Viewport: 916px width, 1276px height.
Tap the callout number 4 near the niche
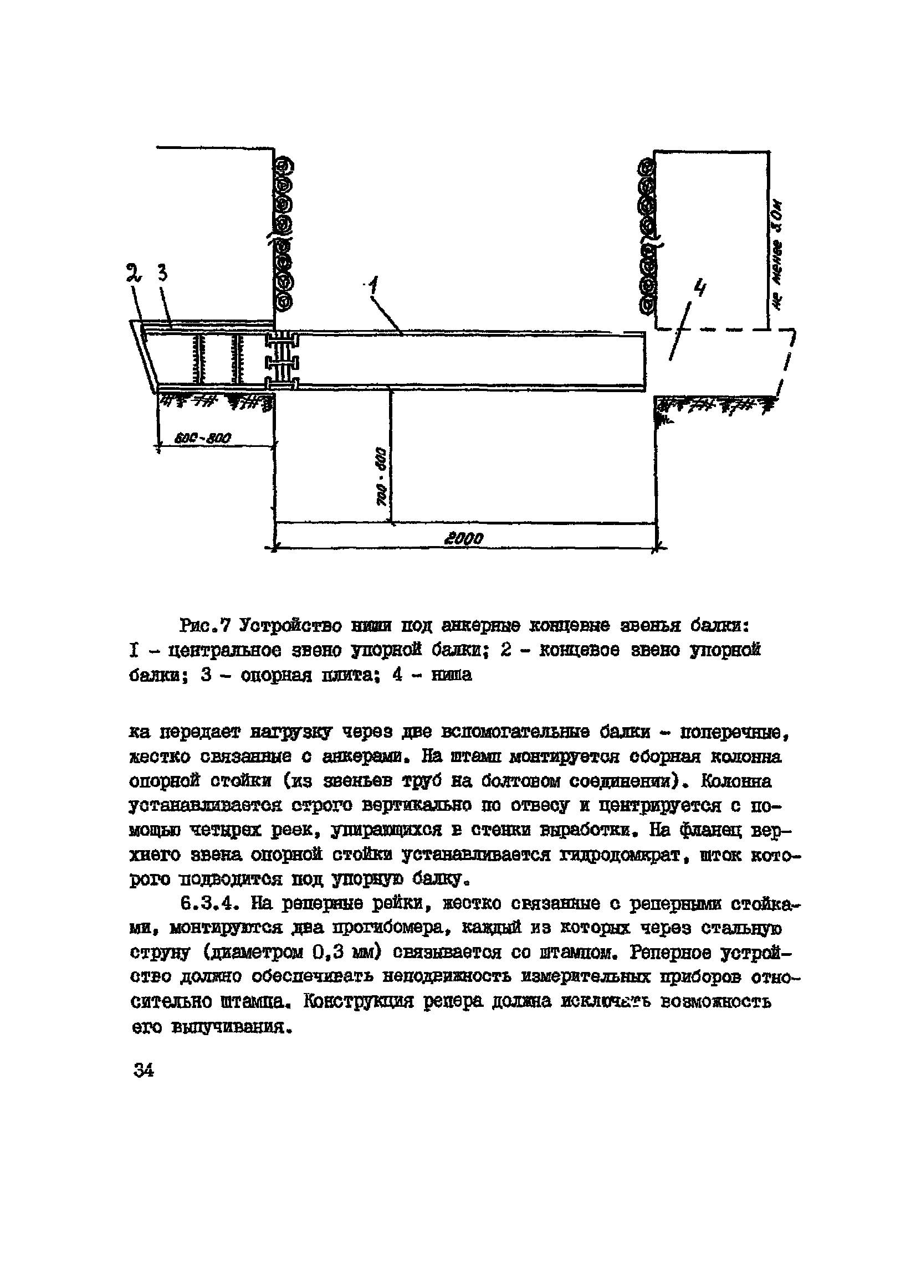pyautogui.click(x=700, y=290)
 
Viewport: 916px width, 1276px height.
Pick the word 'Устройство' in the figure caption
pyautogui.click(x=289, y=625)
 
